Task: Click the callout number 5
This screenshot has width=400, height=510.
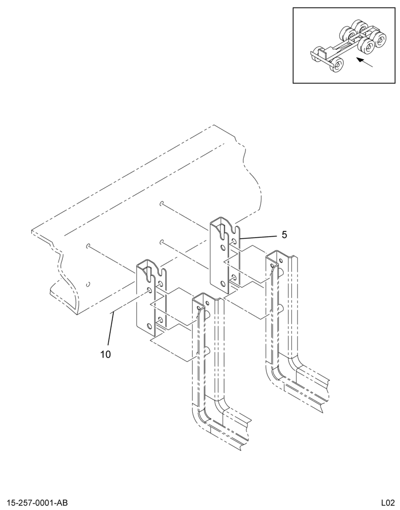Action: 284,235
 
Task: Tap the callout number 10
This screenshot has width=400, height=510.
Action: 106,354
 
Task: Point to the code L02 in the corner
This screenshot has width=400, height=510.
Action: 388,502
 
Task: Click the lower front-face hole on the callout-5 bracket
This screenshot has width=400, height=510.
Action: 222,283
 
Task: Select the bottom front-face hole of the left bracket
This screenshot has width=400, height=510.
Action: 149,326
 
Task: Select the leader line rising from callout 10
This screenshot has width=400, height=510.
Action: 111,329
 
